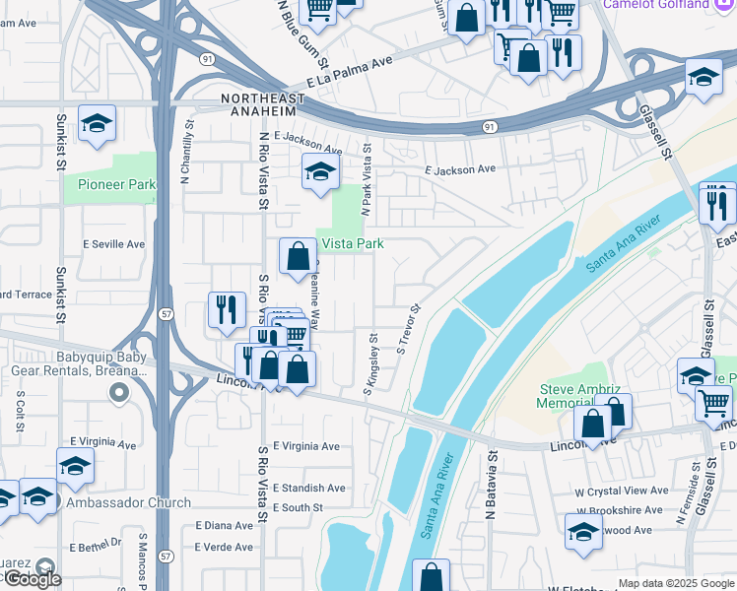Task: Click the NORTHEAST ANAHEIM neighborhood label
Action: pyautogui.click(x=278, y=98)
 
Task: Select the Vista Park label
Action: pyautogui.click(x=349, y=243)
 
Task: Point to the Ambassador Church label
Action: pyautogui.click(x=128, y=502)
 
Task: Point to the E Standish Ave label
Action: pyautogui.click(x=309, y=488)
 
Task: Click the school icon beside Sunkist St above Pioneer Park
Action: pyautogui.click(x=96, y=123)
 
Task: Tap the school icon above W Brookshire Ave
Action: pyautogui.click(x=583, y=532)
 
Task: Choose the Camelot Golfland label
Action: pyautogui.click(x=662, y=5)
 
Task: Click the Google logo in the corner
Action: pyautogui.click(x=32, y=579)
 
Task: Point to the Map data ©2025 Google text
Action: pyautogui.click(x=676, y=584)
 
